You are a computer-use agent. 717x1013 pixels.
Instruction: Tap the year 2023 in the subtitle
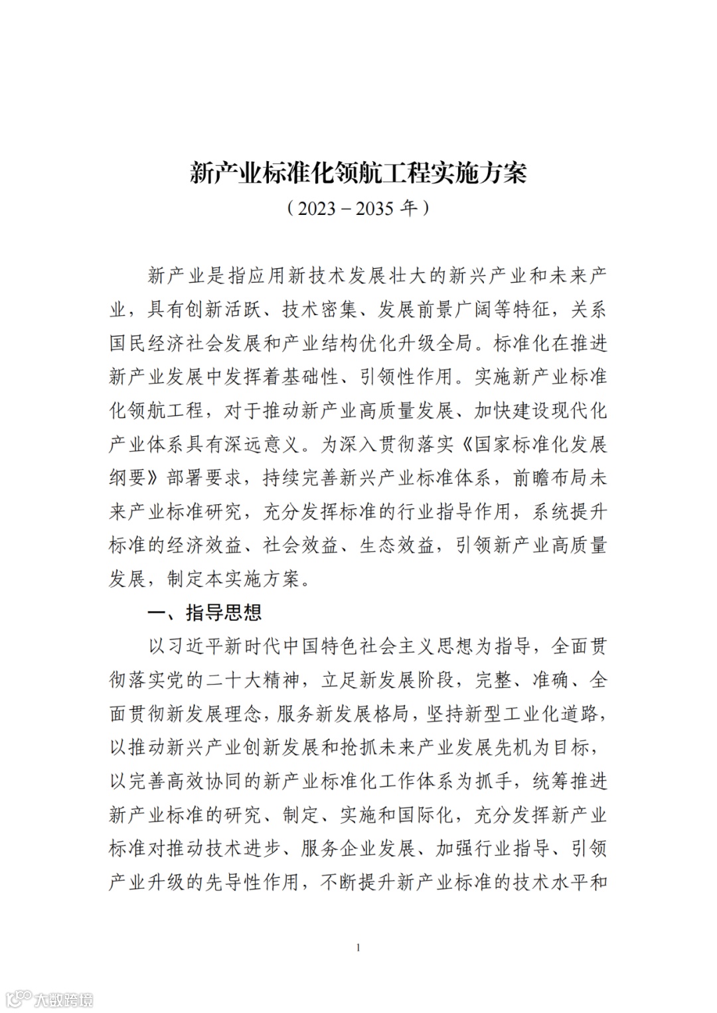pyautogui.click(x=317, y=208)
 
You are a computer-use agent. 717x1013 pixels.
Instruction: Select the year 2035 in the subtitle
pyautogui.click(x=377, y=208)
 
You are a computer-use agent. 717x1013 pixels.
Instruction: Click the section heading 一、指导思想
pyautogui.click(x=204, y=612)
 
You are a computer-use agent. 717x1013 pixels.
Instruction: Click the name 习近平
pyautogui.click(x=185, y=646)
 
